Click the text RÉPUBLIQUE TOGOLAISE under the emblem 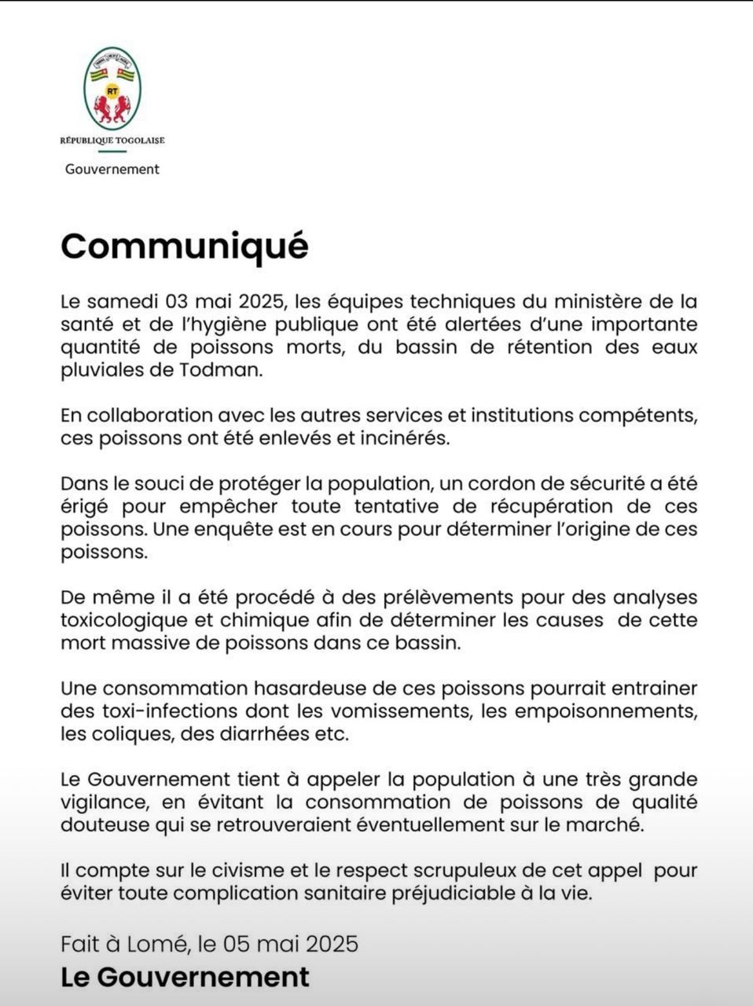click(x=112, y=141)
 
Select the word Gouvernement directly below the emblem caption click(x=112, y=169)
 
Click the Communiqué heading click(x=185, y=245)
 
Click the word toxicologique click(x=122, y=620)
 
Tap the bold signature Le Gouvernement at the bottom click(x=185, y=977)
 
